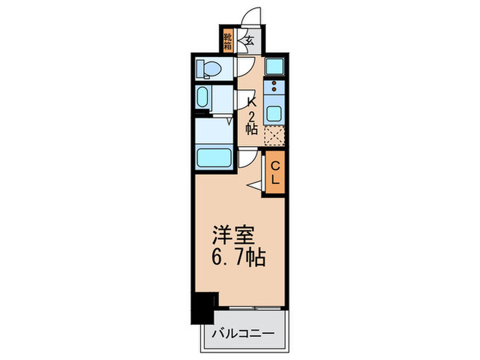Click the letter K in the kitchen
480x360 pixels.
coord(252,100)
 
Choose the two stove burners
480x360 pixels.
coord(275,88)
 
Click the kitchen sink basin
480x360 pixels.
coord(275,112)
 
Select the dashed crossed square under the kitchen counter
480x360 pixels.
coord(274,136)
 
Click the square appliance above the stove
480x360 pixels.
coord(274,67)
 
